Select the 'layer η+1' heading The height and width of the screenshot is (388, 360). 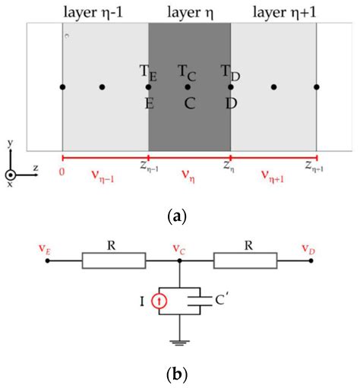pos(273,11)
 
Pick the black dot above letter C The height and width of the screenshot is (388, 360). pos(188,87)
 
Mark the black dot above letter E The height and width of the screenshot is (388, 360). pos(148,87)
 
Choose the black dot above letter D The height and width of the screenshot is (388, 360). pos(230,87)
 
